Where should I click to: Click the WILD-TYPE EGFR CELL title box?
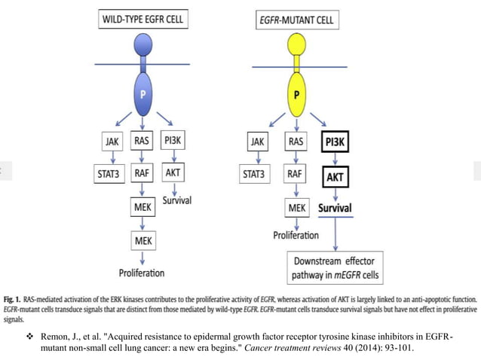(142, 20)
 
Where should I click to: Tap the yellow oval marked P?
(296, 96)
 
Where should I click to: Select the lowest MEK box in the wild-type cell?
(141, 241)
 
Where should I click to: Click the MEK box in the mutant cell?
(296, 207)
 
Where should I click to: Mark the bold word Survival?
(335, 207)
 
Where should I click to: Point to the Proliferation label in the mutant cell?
(296, 235)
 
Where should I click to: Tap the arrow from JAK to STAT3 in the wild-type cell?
(111, 158)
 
